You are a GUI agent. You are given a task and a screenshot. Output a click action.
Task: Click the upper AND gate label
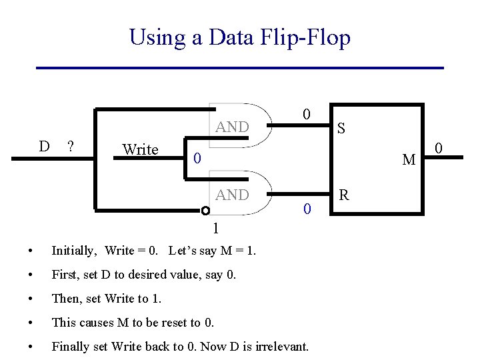[x=232, y=127]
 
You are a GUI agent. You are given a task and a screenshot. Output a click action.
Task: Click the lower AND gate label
[x=232, y=195]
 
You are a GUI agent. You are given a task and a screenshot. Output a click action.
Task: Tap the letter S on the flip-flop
[x=341, y=128]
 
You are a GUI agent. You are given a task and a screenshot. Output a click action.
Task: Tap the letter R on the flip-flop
[x=344, y=195]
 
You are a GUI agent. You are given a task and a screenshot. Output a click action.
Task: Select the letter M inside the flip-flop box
[x=409, y=160]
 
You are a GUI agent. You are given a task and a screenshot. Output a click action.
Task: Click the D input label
[x=44, y=146]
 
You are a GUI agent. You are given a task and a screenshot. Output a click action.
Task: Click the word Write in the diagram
[x=140, y=149]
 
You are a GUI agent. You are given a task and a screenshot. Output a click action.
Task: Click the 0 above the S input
[x=305, y=114]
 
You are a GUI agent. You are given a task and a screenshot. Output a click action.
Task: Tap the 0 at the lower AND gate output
[x=306, y=209]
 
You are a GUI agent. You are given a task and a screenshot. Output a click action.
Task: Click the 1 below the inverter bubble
[x=215, y=229]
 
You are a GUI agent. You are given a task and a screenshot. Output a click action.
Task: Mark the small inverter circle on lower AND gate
[x=206, y=211]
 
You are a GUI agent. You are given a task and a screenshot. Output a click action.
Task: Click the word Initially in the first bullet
[x=75, y=251]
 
